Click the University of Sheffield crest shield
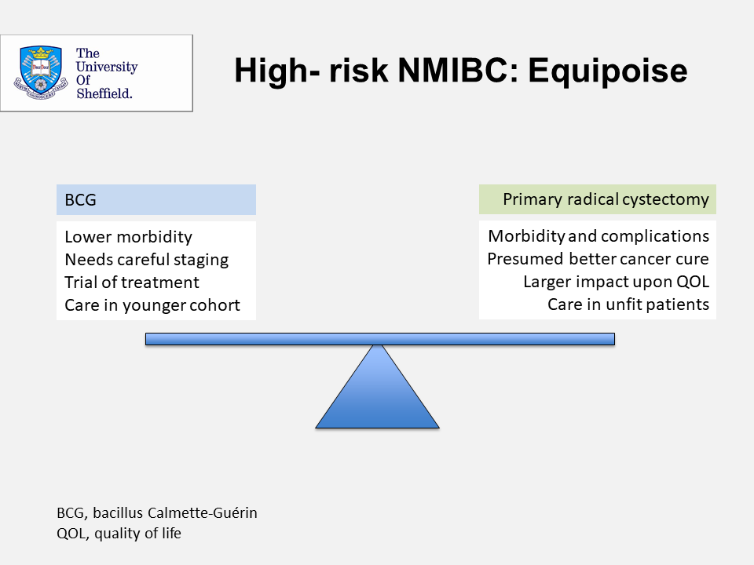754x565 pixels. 40,72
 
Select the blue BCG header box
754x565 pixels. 156,199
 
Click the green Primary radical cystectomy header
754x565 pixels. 597,199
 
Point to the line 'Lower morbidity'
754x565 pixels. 128,237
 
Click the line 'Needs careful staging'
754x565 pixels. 147,260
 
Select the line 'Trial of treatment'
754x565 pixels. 132,282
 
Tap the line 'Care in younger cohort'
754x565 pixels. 152,305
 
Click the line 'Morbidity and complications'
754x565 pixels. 598,236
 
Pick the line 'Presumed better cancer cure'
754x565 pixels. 598,259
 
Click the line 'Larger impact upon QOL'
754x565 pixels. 616,282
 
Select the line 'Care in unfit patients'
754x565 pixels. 628,304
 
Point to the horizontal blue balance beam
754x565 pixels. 380,339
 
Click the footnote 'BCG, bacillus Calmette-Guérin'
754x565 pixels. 157,513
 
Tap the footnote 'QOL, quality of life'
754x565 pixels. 119,534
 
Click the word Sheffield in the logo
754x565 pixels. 104,93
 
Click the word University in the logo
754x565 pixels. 107,67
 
